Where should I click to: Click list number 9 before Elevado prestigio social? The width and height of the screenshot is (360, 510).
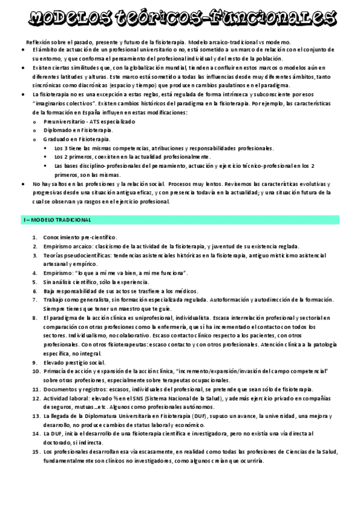(x=35, y=363)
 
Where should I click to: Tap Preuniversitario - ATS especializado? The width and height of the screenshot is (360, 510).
(x=89, y=121)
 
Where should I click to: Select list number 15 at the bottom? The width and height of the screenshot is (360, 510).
(x=35, y=451)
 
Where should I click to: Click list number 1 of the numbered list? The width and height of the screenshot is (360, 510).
(x=35, y=238)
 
